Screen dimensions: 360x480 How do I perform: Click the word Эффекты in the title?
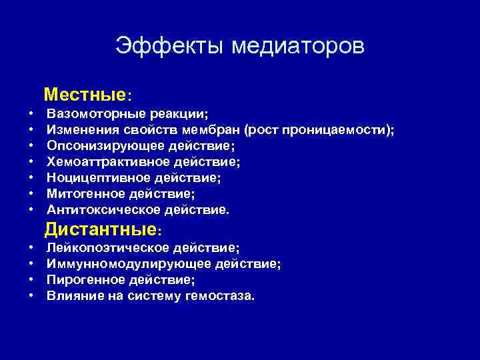click(169, 46)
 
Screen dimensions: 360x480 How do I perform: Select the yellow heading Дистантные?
click(101, 231)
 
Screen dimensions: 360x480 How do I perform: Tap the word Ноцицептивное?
click(93, 178)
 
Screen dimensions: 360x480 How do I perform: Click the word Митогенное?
click(84, 194)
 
